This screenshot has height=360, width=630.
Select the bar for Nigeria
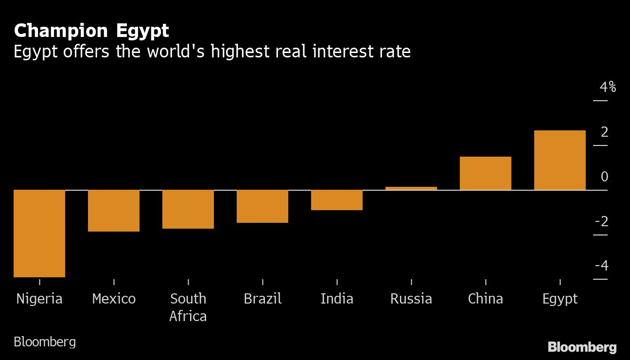[x=39, y=234]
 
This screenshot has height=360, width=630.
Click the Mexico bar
[x=114, y=211]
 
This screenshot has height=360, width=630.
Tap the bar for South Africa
[x=188, y=209]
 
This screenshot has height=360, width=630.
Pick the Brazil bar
[x=262, y=206]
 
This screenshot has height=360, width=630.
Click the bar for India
[x=337, y=200]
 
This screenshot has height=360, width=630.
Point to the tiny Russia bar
[x=411, y=188]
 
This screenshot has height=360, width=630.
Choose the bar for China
[x=486, y=173]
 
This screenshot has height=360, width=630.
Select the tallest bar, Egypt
[x=560, y=160]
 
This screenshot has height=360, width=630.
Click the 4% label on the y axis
[x=607, y=88]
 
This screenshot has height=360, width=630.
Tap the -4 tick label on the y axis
[x=601, y=266]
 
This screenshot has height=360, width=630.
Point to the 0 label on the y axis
[x=604, y=177]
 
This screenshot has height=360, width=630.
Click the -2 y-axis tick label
[x=601, y=222]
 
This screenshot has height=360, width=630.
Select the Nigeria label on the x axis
[x=39, y=298]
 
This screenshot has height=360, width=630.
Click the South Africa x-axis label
[x=188, y=307]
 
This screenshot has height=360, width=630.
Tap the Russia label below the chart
[x=411, y=298]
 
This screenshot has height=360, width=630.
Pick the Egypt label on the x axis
[x=560, y=299]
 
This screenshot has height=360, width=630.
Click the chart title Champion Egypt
[x=91, y=31]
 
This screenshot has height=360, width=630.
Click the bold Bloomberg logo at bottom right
[x=582, y=347]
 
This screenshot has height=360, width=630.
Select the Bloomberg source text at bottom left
[x=45, y=342]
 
